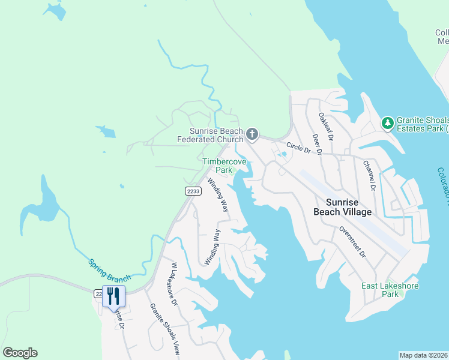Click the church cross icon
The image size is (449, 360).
point(252,134)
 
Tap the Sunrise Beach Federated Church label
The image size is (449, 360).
point(209,136)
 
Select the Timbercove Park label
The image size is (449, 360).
point(217,166)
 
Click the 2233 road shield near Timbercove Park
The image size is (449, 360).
point(193,191)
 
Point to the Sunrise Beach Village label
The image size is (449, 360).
point(343,207)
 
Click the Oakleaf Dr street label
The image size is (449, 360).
point(326,127)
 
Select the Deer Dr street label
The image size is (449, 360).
point(317,144)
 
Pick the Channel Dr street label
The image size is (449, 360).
point(369,175)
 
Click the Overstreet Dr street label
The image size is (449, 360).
point(352,242)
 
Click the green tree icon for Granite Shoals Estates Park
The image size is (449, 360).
point(388,123)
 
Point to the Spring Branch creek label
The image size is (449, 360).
point(109,271)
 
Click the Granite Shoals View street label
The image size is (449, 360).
point(165,327)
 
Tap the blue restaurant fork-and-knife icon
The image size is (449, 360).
point(113,296)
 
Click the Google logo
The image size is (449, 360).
point(20,353)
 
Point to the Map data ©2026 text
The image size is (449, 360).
point(423,355)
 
